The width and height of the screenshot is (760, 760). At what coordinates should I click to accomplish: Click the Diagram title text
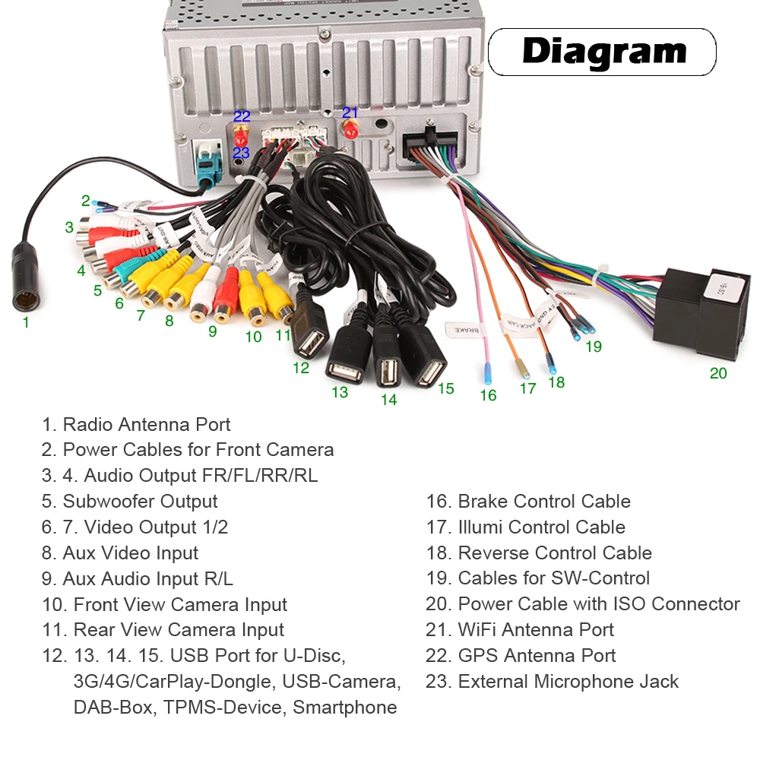pyautogui.click(x=604, y=52)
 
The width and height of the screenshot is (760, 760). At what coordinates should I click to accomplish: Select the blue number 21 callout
pyautogui.click(x=350, y=112)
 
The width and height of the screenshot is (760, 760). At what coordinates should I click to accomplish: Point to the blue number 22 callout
pyautogui.click(x=242, y=116)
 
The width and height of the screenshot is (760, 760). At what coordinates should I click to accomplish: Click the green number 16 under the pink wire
pyautogui.click(x=488, y=395)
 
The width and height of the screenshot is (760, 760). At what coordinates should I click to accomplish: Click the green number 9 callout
pyautogui.click(x=213, y=331)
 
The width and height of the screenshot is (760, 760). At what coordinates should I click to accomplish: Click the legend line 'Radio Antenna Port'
pyautogui.click(x=137, y=425)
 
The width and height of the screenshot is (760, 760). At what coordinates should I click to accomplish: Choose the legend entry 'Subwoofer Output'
pyautogui.click(x=130, y=502)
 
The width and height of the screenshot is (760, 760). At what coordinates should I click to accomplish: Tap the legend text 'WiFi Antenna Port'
pyautogui.click(x=520, y=630)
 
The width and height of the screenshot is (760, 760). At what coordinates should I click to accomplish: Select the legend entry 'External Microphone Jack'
pyautogui.click(x=553, y=682)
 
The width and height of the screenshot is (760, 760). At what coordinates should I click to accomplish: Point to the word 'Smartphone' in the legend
pyautogui.click(x=345, y=708)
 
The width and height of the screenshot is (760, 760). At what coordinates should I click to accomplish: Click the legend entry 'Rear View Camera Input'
pyautogui.click(x=163, y=630)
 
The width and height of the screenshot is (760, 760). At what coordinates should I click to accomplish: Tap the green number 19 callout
pyautogui.click(x=594, y=347)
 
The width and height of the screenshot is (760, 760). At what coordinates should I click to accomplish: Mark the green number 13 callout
pyautogui.click(x=340, y=392)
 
